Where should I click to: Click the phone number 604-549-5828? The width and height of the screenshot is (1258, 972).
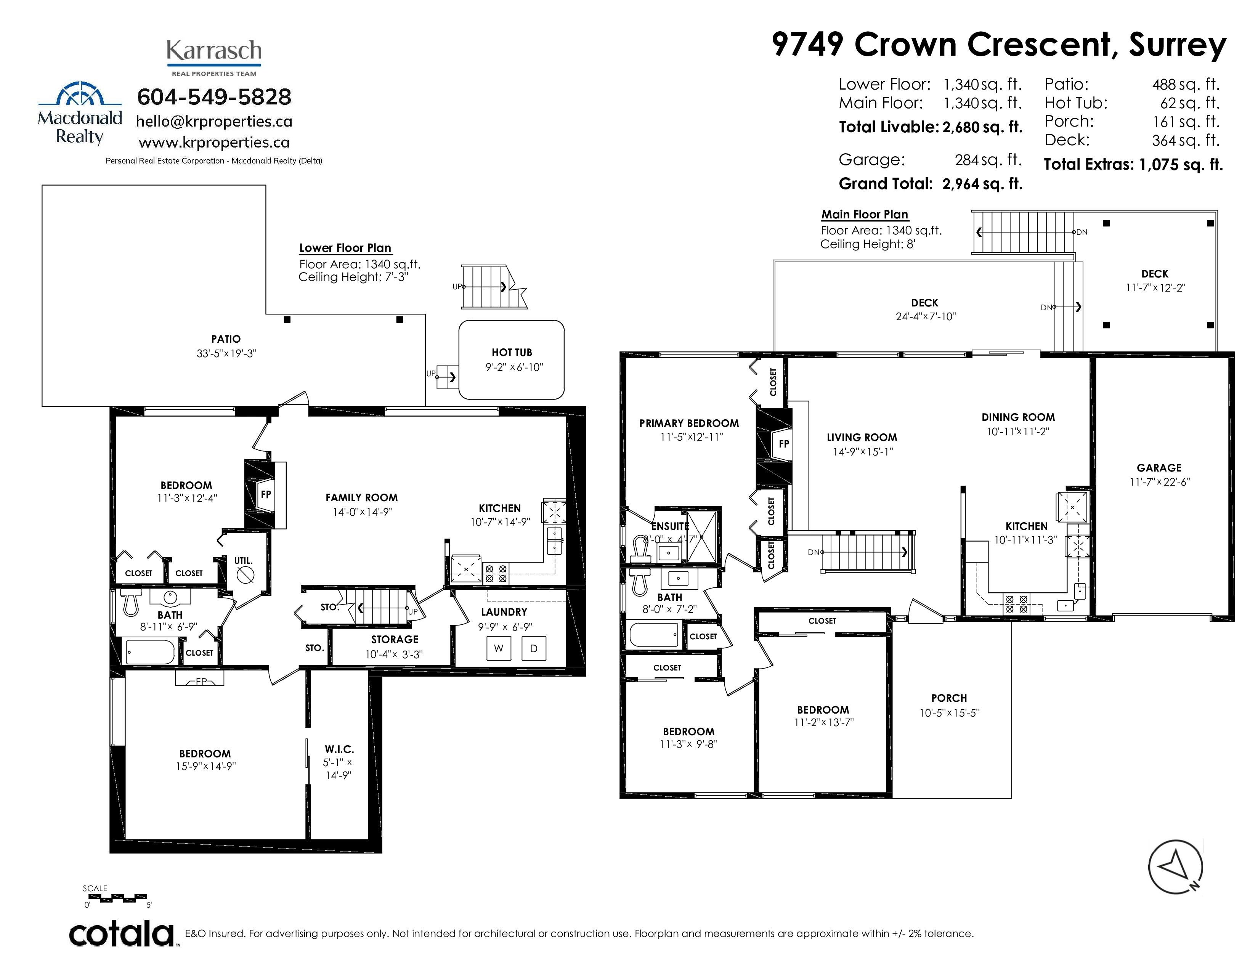click(214, 97)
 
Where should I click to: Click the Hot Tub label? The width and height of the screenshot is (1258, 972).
click(512, 353)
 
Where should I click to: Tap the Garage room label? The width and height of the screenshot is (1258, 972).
click(1159, 468)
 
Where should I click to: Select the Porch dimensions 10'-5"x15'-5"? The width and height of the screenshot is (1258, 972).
click(949, 712)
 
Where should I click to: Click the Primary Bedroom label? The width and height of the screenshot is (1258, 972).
click(689, 423)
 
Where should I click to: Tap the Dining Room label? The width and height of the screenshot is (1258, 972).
click(1018, 417)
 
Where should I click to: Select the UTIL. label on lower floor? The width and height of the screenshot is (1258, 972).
click(243, 560)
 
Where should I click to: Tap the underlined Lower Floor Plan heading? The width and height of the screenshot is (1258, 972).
click(345, 248)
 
